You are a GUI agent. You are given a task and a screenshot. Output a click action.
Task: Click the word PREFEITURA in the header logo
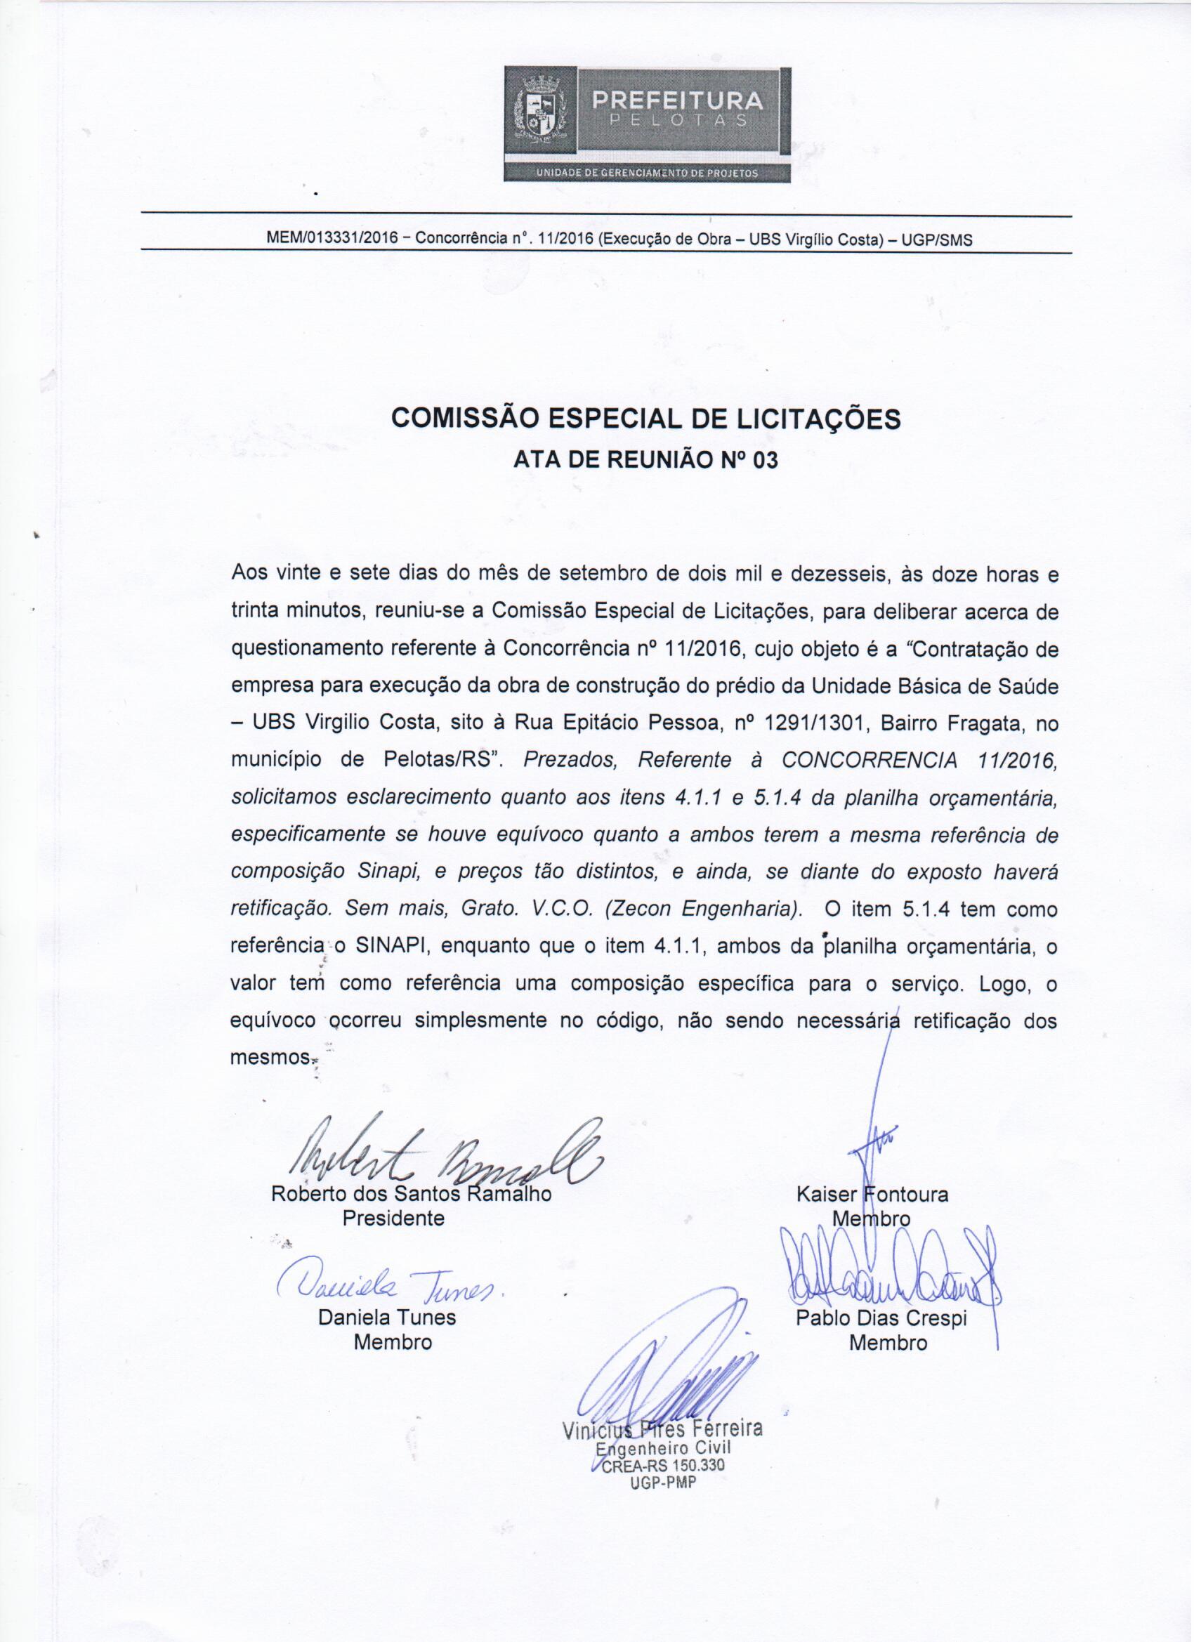[678, 100]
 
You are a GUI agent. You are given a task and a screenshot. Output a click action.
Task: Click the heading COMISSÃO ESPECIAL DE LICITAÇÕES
[645, 419]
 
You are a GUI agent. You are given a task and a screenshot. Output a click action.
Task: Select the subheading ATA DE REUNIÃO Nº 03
[645, 460]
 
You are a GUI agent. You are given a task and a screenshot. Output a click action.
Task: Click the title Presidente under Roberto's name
[393, 1218]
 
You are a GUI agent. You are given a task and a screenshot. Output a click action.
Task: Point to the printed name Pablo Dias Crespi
[881, 1318]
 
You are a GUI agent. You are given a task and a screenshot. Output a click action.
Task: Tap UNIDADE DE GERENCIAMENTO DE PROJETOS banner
[647, 173]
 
